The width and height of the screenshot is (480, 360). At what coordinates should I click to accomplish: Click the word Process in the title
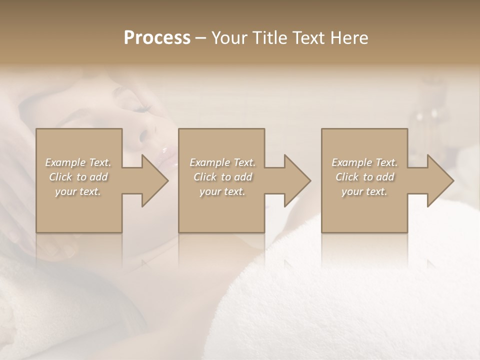157,38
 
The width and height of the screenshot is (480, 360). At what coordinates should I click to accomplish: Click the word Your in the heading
228,38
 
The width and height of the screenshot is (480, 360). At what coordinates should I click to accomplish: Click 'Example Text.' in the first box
78,162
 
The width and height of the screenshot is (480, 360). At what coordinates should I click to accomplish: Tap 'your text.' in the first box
78,191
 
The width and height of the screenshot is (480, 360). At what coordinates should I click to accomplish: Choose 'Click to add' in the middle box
222,177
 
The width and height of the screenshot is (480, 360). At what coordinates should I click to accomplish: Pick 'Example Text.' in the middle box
222,162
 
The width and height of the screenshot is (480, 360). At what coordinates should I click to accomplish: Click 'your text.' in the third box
364,191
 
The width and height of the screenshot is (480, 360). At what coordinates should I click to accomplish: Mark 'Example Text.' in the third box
364,162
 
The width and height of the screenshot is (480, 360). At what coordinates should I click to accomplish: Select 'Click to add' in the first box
78,177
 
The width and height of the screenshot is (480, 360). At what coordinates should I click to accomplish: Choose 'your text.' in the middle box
222,191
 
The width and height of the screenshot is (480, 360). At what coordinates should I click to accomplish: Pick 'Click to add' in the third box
364,177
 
